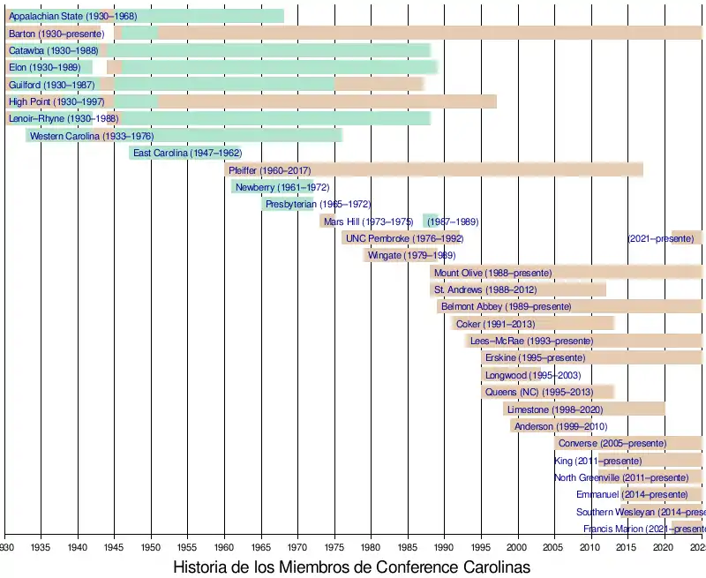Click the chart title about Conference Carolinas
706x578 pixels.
pos(351,567)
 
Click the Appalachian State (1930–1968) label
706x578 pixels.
pos(72,17)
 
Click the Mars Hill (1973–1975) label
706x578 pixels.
pos(368,221)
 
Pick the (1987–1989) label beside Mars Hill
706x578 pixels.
pos(453,221)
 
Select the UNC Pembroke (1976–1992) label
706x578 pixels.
pos(404,238)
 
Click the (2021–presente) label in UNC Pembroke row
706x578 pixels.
pos(661,238)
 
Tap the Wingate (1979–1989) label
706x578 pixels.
pos(399,255)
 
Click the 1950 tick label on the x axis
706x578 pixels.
pos(151,547)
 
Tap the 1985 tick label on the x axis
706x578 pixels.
pos(407,547)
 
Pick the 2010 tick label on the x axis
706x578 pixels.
pos(590,547)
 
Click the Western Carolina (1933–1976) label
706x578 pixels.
pos(91,136)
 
